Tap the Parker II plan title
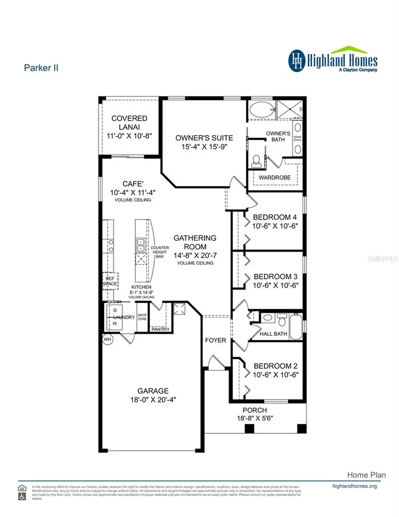[x=40, y=68]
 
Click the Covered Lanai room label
[x=129, y=123]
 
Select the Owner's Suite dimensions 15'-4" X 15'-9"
[x=204, y=146]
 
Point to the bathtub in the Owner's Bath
[x=261, y=110]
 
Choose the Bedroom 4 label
[x=274, y=217]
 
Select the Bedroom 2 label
[x=275, y=366]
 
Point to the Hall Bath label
[x=273, y=334]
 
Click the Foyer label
[x=215, y=340]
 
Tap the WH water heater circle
[x=107, y=339]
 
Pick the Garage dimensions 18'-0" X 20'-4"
[x=153, y=399]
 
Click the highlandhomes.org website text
[x=354, y=486]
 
